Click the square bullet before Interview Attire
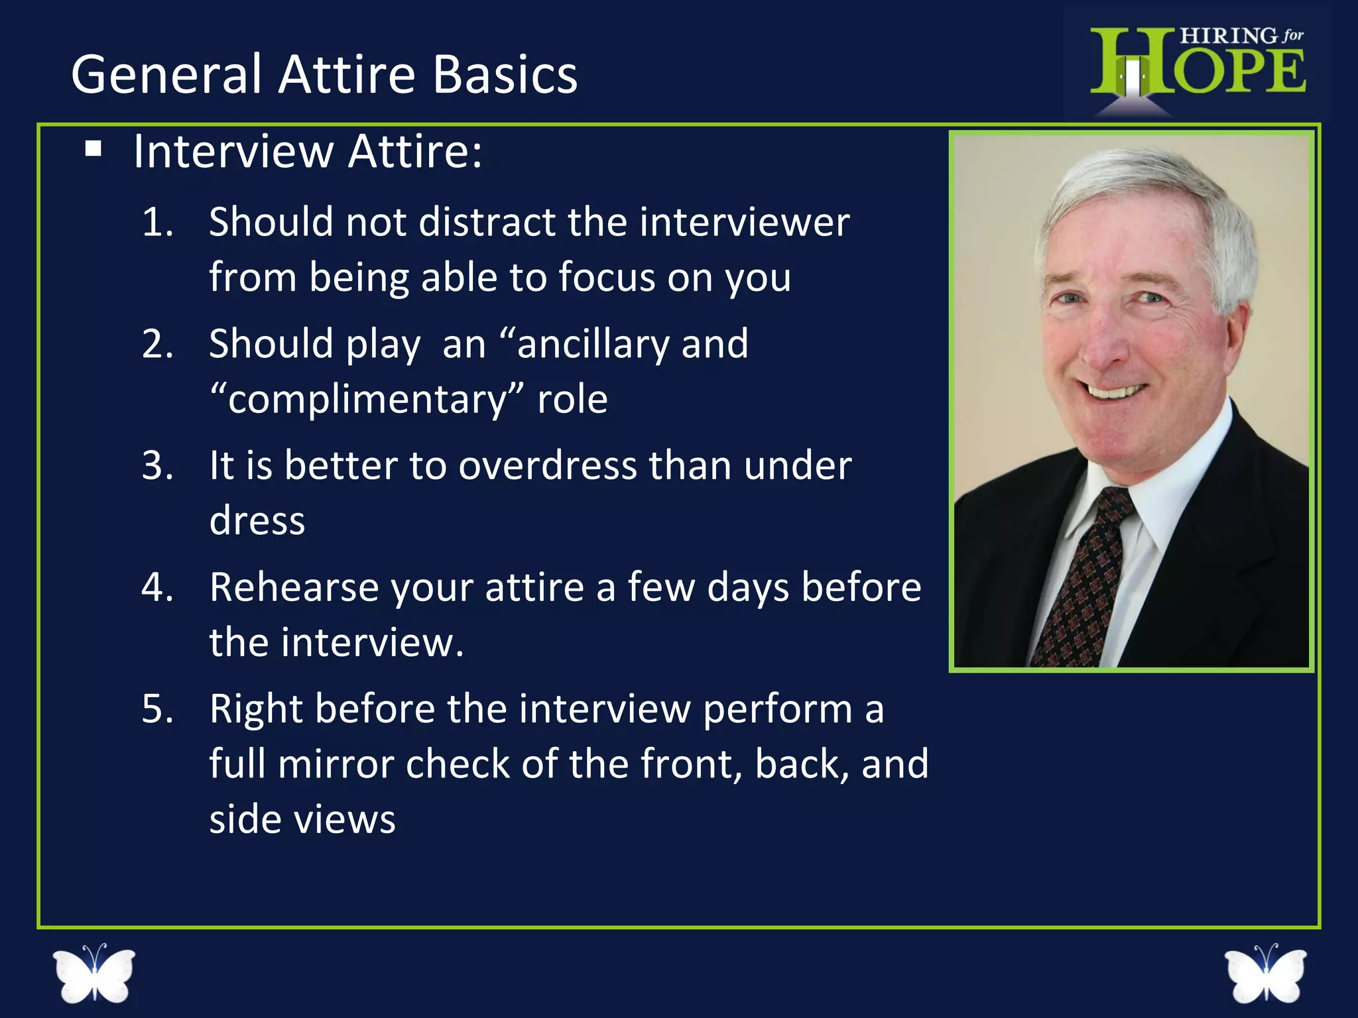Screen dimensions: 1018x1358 tap(93, 149)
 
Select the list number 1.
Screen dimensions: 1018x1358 tap(157, 222)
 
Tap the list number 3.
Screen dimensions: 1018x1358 tap(157, 465)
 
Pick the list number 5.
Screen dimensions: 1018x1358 tap(157, 708)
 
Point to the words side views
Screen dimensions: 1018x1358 tap(302, 820)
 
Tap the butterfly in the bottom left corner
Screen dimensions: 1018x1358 tap(94, 973)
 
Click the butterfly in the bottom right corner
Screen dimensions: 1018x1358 tap(1265, 973)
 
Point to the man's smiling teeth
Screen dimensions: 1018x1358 tap(1115, 392)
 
